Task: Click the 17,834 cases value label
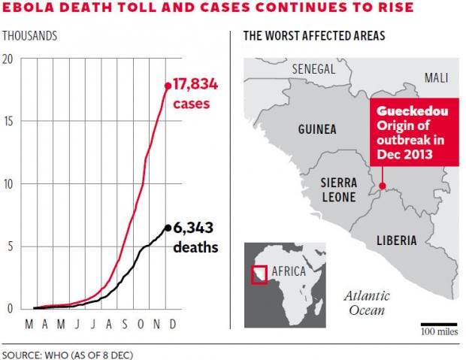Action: click(195, 94)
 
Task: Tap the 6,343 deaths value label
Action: click(195, 237)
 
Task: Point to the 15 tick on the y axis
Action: click(10, 121)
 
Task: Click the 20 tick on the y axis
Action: click(9, 59)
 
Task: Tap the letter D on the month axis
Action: click(172, 324)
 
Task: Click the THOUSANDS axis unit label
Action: click(29, 36)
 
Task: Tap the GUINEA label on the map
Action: click(316, 129)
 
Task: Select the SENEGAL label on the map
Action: click(313, 68)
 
